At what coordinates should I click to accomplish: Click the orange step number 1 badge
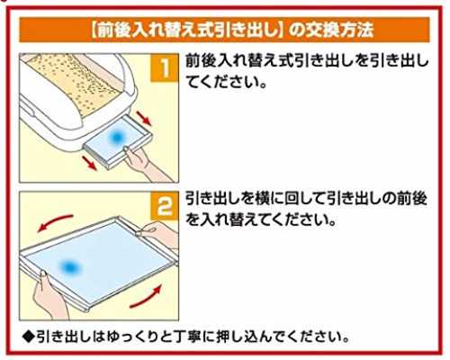coord(165,67)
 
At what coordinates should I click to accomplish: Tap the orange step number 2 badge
coord(165,206)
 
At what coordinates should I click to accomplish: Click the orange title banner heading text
coord(231,30)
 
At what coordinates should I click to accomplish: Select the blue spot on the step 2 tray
coord(70,266)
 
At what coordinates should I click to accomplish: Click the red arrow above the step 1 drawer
coord(143,118)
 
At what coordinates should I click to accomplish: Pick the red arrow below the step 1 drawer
coord(90,163)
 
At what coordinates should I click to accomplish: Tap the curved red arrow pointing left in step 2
coord(55,222)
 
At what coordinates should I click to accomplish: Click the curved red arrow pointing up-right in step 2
coord(147,297)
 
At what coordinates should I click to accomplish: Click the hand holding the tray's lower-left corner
coord(48,294)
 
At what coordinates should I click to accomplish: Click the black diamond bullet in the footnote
coord(29,337)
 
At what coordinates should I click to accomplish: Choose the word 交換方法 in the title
coord(339,30)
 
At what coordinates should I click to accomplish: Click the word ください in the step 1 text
coord(229,82)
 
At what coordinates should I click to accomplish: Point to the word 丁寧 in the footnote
coord(188,337)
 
